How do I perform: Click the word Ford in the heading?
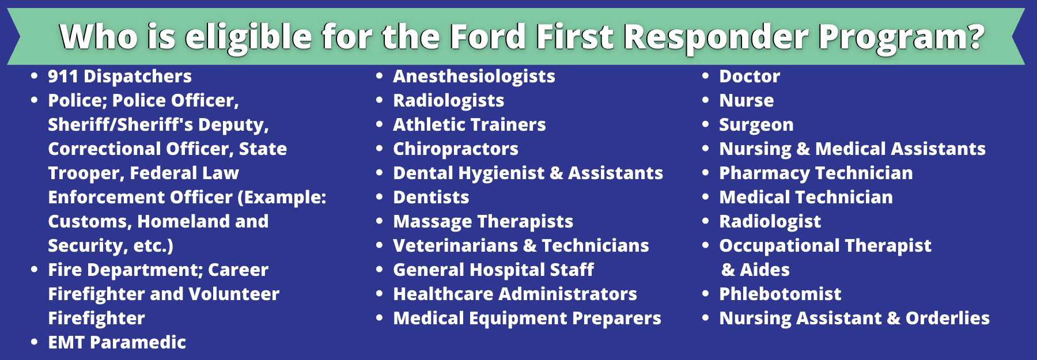pyautogui.click(x=487, y=37)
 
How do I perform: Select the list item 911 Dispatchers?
pyautogui.click(x=120, y=76)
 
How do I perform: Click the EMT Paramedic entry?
pyautogui.click(x=117, y=342)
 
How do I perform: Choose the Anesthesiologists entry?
pyautogui.click(x=474, y=77)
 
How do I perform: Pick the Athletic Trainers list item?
pyautogui.click(x=470, y=124)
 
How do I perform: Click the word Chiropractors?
pyautogui.click(x=456, y=149)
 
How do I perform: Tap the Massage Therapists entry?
pyautogui.click(x=483, y=222)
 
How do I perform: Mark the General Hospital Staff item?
pyautogui.click(x=493, y=270)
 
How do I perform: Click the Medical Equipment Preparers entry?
pyautogui.click(x=527, y=319)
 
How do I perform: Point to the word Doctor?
pyautogui.click(x=750, y=76)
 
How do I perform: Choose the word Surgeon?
pyautogui.click(x=756, y=125)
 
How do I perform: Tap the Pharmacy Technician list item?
pyautogui.click(x=816, y=173)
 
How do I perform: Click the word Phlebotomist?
pyautogui.click(x=780, y=294)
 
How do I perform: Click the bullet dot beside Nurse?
pyautogui.click(x=705, y=100)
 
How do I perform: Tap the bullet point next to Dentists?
pyautogui.click(x=379, y=197)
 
